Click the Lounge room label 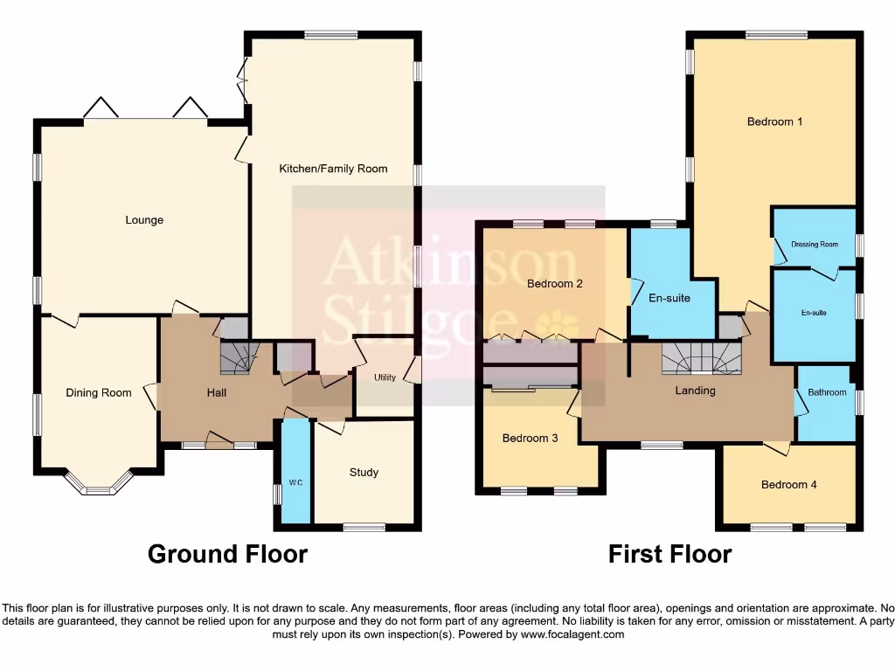coord(144,220)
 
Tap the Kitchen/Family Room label coord(333,169)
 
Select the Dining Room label coord(99,393)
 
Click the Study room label coord(364,473)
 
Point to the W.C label coord(295,483)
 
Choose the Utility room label coord(385,378)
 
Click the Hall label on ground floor coord(217,393)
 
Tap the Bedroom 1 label coord(774,122)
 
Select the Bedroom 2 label coord(554,284)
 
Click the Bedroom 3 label coord(530,439)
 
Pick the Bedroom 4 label coord(788,485)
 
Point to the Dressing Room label coord(815,245)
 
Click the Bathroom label coord(827,393)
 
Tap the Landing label coord(695,391)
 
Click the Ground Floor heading coord(227,554)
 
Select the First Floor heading coord(670,554)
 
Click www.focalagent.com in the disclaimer coord(572,635)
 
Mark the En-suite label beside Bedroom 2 coord(669,299)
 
